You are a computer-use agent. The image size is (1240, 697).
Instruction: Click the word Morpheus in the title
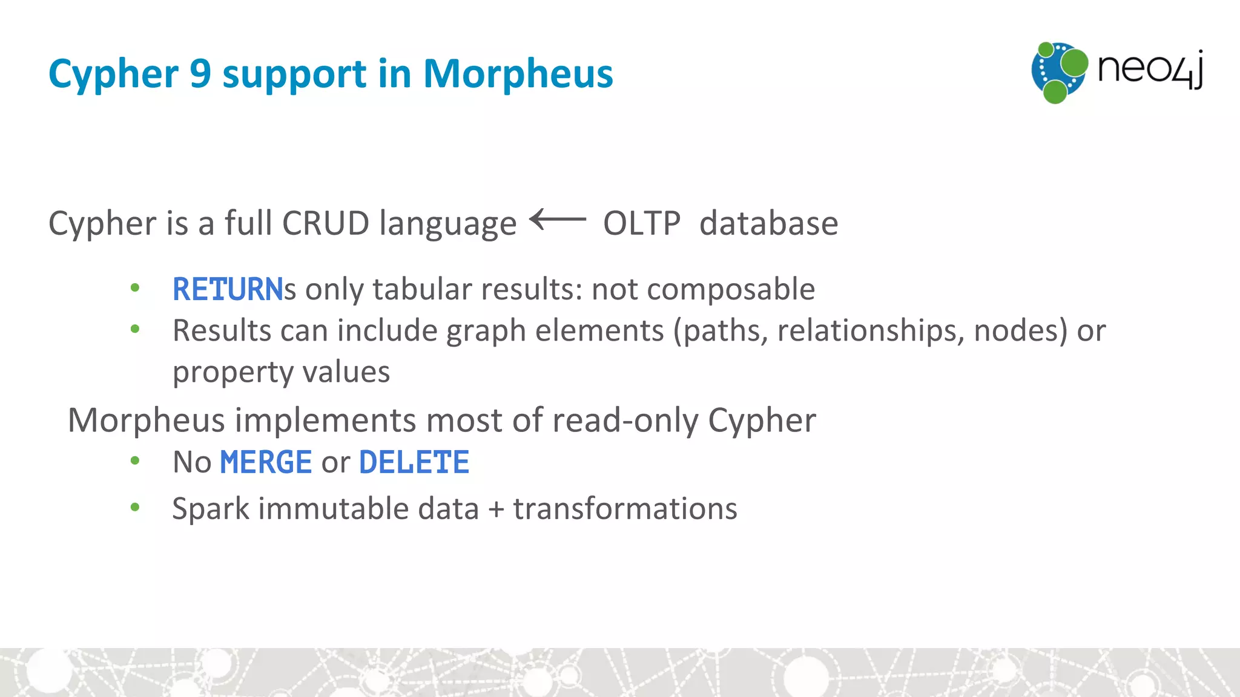coord(518,74)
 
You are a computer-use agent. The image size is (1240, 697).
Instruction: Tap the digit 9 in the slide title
coord(200,74)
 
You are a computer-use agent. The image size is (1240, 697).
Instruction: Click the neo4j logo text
coord(1149,70)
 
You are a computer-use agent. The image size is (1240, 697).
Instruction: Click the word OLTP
coord(641,223)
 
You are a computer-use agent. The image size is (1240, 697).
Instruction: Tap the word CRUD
coord(325,223)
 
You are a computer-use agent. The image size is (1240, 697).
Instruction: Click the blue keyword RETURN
coord(228,289)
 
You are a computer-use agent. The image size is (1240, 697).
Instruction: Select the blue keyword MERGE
coord(266,462)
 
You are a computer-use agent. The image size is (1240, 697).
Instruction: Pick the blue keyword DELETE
coord(414,462)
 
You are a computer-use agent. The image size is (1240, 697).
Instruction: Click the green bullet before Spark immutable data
coord(135,507)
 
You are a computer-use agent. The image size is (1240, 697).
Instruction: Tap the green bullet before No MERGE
coord(135,461)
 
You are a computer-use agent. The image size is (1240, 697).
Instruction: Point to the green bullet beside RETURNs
coord(135,288)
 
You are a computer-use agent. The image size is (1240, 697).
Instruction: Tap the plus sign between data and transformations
coord(496,509)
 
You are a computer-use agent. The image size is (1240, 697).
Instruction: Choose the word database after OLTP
coord(768,223)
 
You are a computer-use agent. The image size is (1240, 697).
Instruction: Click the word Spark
coord(210,509)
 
